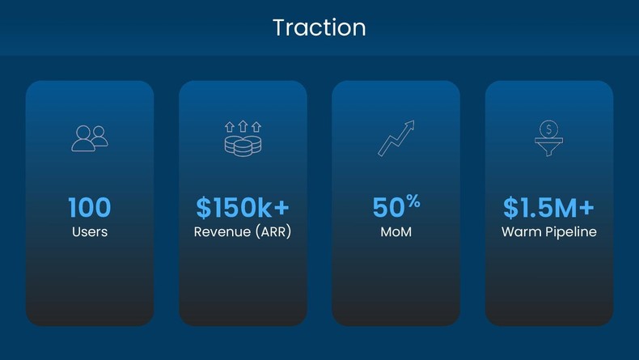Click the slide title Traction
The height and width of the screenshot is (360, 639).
[319, 28]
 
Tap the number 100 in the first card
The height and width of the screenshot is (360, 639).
[90, 207]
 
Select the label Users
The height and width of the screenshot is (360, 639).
[90, 231]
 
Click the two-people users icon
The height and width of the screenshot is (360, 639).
[90, 138]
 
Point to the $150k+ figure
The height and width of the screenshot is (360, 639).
[243, 207]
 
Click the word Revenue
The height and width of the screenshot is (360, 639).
[222, 231]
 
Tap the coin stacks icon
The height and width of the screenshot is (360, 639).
[243, 146]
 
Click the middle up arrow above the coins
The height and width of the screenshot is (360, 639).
[243, 126]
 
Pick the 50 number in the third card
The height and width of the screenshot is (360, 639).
[388, 207]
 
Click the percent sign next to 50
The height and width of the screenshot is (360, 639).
[413, 201]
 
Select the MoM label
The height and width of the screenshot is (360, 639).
[396, 231]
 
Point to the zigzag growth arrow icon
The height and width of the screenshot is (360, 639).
[396, 138]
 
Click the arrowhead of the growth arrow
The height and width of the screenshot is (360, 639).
[409, 125]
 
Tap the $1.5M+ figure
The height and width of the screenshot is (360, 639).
[549, 207]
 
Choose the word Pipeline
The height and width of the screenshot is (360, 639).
[571, 232]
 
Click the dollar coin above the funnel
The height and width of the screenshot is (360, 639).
[549, 129]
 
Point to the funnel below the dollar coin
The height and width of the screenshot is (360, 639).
[549, 146]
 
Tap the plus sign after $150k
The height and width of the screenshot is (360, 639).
[281, 207]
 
